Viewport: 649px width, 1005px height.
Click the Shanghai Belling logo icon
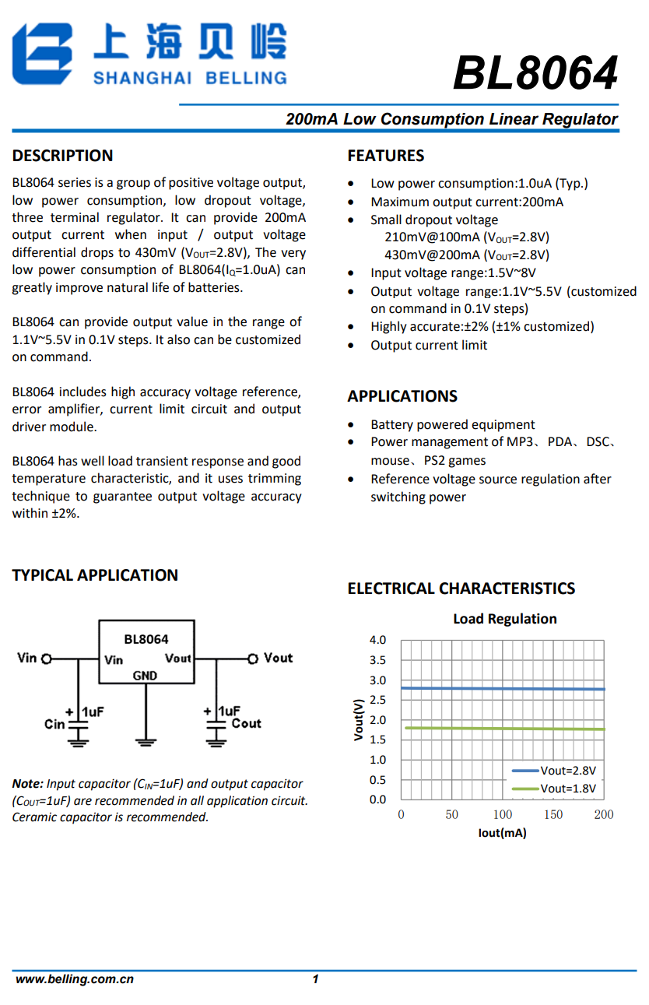tap(43, 53)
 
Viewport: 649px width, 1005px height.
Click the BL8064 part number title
tap(535, 74)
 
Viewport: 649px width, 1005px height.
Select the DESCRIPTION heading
tap(62, 156)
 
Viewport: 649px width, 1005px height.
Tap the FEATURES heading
tap(386, 156)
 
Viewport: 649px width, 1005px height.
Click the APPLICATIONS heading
tap(402, 396)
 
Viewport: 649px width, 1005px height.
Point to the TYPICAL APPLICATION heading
tap(95, 575)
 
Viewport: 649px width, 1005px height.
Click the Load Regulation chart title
tap(505, 619)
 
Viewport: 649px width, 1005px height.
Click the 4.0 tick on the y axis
tap(377, 640)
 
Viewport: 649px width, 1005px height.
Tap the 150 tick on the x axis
tap(553, 814)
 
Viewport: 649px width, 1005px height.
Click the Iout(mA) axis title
tap(502, 833)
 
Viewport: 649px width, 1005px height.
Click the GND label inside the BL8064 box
tap(145, 676)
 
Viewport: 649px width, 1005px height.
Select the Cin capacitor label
tap(54, 724)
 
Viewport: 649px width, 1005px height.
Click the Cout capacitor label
tap(246, 723)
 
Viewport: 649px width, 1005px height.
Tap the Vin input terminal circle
tap(47, 659)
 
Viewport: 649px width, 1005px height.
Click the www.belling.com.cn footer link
tap(75, 979)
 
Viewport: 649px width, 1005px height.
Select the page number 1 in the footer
tap(315, 979)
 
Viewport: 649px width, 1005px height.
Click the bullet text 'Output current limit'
tap(429, 345)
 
